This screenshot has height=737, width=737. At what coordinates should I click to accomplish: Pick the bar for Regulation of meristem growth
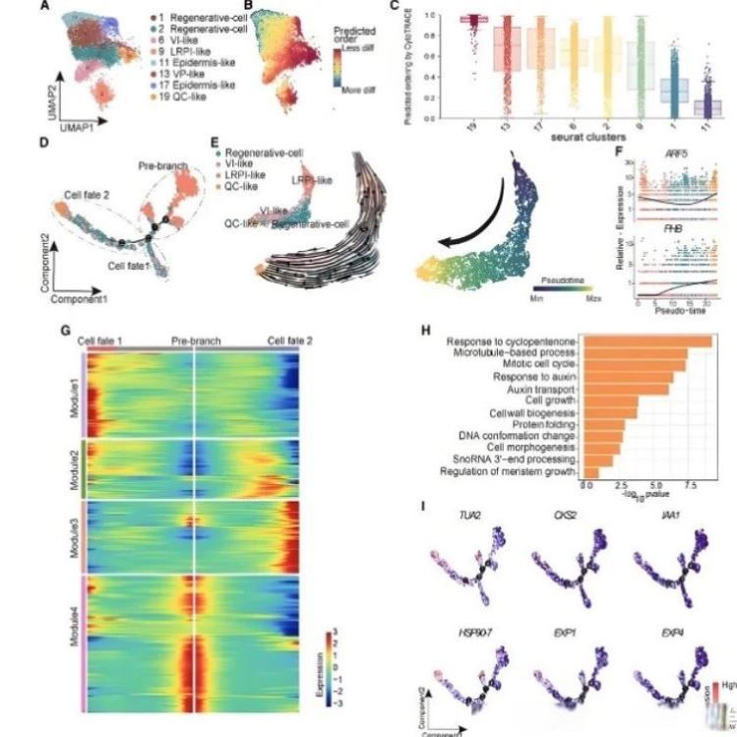[591, 473]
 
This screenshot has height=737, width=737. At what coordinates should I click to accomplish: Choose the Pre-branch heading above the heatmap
[195, 339]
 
